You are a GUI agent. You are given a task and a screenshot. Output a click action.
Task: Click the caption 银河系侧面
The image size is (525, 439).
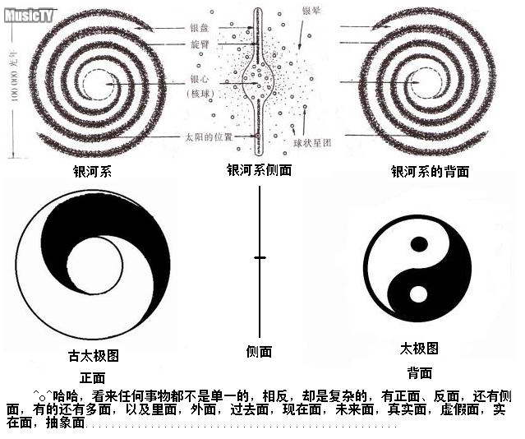coord(259,170)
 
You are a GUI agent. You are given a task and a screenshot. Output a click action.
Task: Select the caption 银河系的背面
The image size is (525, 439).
coord(430,172)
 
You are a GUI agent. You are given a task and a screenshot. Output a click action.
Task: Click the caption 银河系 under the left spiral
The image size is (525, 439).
coord(92,172)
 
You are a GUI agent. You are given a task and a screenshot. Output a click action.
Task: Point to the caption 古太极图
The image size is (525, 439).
coord(93,356)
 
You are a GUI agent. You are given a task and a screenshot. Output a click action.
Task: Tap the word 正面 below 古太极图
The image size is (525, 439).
coord(93,377)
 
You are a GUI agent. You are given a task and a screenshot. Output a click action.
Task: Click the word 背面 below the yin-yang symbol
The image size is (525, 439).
coord(419,372)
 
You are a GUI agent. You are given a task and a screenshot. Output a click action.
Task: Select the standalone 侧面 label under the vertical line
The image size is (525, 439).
coord(259,352)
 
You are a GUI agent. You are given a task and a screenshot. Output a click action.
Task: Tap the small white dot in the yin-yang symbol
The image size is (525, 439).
coord(418,293)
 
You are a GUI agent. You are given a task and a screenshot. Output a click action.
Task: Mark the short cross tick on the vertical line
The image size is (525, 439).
coord(260,258)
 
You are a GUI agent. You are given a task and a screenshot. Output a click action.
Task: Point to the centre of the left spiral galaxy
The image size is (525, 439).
coord(92,81)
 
